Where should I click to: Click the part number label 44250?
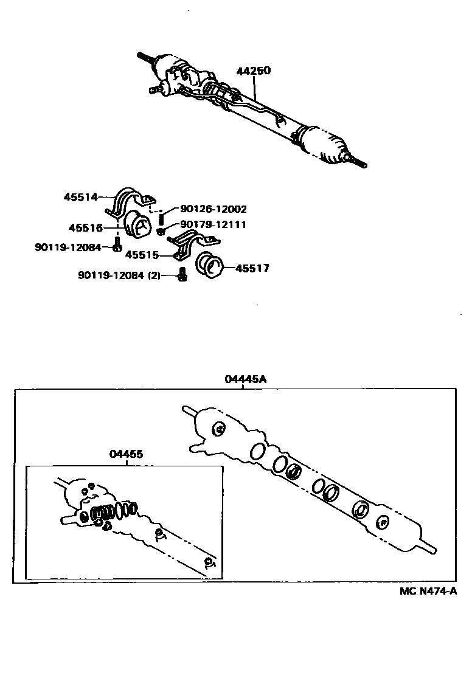click(x=253, y=71)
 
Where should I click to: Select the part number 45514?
click(x=82, y=196)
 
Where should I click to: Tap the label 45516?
click(x=85, y=228)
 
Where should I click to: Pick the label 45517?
click(x=252, y=268)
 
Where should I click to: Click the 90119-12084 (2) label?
click(x=119, y=275)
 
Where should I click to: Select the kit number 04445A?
click(x=246, y=379)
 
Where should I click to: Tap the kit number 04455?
click(x=126, y=454)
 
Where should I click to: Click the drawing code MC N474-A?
click(x=428, y=591)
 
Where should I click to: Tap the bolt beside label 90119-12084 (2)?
click(x=181, y=274)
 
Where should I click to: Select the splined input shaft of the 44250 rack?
click(x=146, y=57)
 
